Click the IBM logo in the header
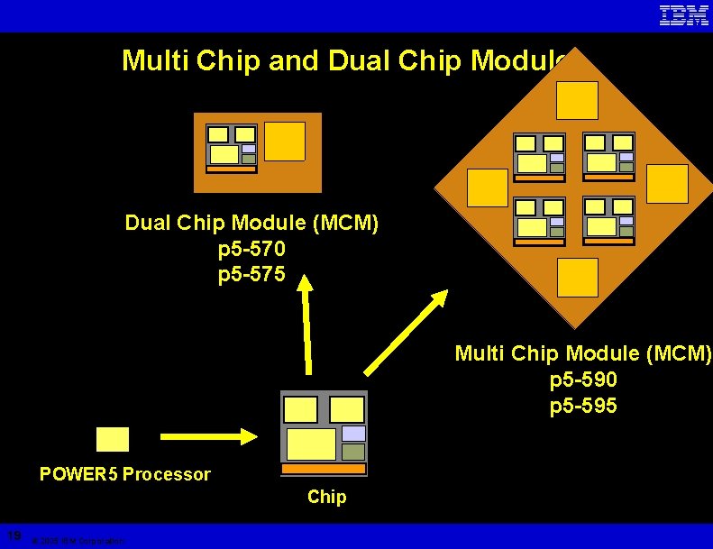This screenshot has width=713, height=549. tap(683, 15)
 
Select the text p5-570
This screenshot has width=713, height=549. tap(251, 248)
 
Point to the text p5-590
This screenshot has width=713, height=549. tap(583, 380)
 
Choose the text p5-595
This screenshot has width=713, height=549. tap(583, 406)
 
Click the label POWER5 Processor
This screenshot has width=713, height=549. tap(124, 474)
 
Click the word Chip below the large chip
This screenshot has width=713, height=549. tap(326, 497)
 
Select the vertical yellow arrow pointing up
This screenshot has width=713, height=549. tap(306, 325)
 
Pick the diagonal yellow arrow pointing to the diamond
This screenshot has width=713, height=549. tap(406, 331)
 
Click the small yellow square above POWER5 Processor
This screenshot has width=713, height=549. tap(113, 439)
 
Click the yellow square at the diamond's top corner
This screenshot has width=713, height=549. tap(577, 100)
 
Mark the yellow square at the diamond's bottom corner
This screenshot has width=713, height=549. tap(577, 278)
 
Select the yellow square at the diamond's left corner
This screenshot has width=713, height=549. tap(488, 188)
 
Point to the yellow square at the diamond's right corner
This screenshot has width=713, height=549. tap(668, 184)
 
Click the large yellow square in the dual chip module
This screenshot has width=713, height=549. tap(285, 142)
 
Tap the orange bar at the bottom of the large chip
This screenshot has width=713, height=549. tap(324, 470)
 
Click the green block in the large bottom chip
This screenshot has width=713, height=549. tap(353, 452)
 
